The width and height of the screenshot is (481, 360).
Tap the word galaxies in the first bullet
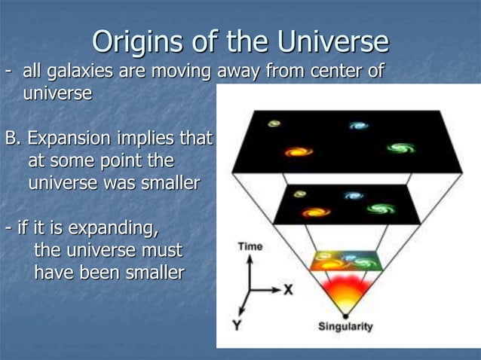pyautogui.click(x=81, y=72)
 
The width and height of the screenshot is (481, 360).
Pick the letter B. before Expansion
pyautogui.click(x=13, y=139)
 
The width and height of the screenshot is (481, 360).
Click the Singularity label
pyautogui.click(x=345, y=328)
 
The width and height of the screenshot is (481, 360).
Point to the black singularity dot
pyautogui.click(x=345, y=313)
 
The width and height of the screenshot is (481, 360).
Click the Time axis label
pyautogui.click(x=250, y=247)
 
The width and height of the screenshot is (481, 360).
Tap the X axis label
pyautogui.click(x=288, y=289)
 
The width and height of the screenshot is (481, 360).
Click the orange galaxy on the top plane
pyautogui.click(x=299, y=151)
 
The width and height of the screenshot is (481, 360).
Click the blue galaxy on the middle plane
pyautogui.click(x=353, y=196)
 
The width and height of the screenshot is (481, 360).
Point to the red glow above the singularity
pyautogui.click(x=345, y=290)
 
